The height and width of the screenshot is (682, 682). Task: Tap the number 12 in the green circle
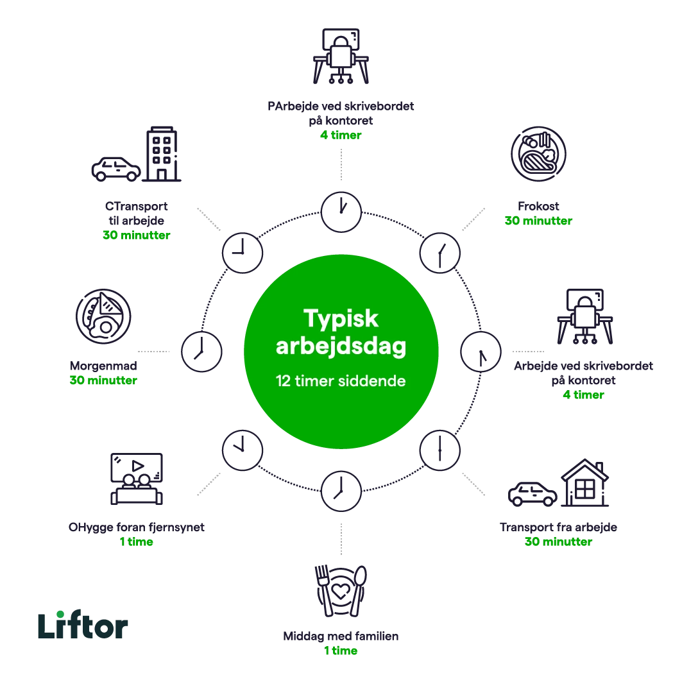pyautogui.click(x=282, y=380)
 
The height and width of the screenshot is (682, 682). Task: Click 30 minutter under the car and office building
pyautogui.click(x=136, y=235)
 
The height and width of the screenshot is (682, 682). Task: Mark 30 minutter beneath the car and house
pyautogui.click(x=558, y=542)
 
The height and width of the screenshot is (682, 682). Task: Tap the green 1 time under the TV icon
pyautogui.click(x=136, y=543)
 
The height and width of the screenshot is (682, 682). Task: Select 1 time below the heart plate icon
pyautogui.click(x=340, y=651)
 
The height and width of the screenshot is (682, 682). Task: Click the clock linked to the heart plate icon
pyautogui.click(x=340, y=490)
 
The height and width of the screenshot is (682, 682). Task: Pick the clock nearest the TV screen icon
pyautogui.click(x=243, y=449)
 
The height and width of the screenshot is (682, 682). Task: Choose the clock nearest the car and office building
pyautogui.click(x=243, y=251)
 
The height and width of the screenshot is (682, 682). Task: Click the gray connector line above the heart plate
pyautogui.click(x=340, y=540)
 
